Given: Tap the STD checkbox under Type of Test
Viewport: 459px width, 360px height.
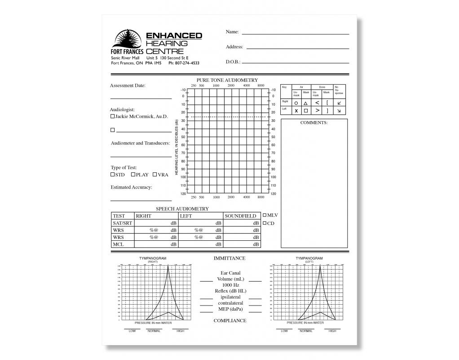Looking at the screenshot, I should point(113,175).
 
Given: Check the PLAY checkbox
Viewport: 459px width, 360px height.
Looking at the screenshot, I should point(133,175).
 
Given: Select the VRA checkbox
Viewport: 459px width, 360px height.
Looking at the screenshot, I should point(155,175).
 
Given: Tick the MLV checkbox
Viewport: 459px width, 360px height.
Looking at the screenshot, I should point(265,215).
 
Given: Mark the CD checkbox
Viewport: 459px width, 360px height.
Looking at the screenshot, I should point(265,223).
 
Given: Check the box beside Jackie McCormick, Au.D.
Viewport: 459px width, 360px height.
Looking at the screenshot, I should point(112,116).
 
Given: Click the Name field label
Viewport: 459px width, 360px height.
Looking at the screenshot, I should point(232,32).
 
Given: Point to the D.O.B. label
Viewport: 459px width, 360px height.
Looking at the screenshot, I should point(233,62).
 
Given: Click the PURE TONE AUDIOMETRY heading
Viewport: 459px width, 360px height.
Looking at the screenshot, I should point(227,80).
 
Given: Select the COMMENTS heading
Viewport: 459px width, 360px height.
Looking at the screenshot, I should point(314,122).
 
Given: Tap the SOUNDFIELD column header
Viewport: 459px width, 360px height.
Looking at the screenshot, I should point(240,216).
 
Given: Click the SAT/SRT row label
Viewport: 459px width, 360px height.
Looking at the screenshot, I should point(122,223).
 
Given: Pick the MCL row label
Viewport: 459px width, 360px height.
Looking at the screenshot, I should point(118,244).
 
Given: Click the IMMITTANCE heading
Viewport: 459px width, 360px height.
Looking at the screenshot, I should point(229,258).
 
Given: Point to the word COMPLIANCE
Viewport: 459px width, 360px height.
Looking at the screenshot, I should point(229,320).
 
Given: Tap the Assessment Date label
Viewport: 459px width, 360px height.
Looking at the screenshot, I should point(128,85).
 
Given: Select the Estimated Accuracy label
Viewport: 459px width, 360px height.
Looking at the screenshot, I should point(131,187).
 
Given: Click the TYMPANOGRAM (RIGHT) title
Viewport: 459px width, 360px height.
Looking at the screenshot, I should point(153,259).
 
